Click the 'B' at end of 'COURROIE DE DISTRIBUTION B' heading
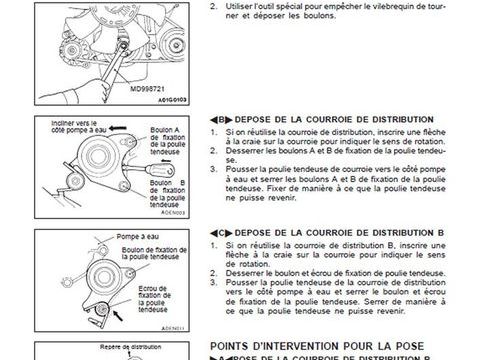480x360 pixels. (x=441, y=231)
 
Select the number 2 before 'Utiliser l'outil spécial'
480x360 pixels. (x=215, y=6)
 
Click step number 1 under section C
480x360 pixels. (x=215, y=243)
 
